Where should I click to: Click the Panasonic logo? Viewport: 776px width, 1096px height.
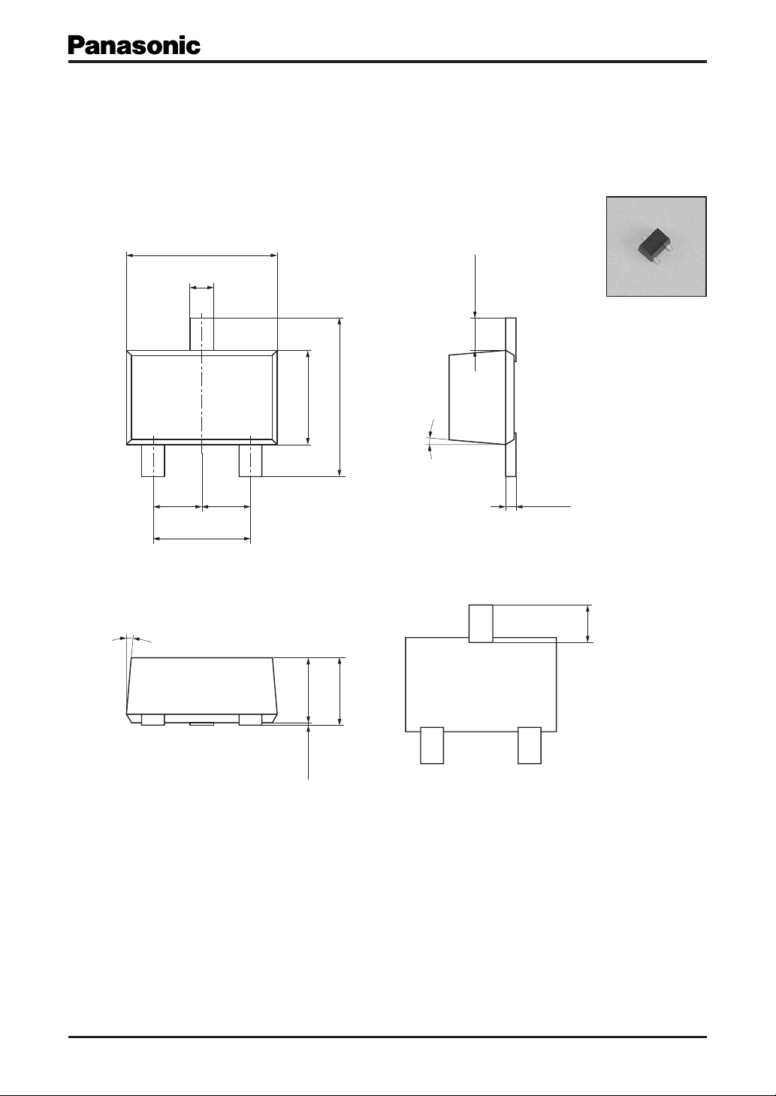134,46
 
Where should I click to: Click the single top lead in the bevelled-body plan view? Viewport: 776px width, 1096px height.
201,334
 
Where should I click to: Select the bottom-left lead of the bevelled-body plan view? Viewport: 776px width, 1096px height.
153,460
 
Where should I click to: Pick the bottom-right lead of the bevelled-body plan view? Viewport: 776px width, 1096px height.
250,460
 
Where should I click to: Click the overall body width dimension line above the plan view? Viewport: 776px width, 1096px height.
202,255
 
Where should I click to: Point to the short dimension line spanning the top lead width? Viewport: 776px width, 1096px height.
201,288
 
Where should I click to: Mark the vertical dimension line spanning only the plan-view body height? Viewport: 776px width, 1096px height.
308,398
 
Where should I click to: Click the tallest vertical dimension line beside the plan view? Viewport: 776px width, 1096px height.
340,397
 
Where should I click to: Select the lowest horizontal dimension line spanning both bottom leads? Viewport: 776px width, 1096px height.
202,539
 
